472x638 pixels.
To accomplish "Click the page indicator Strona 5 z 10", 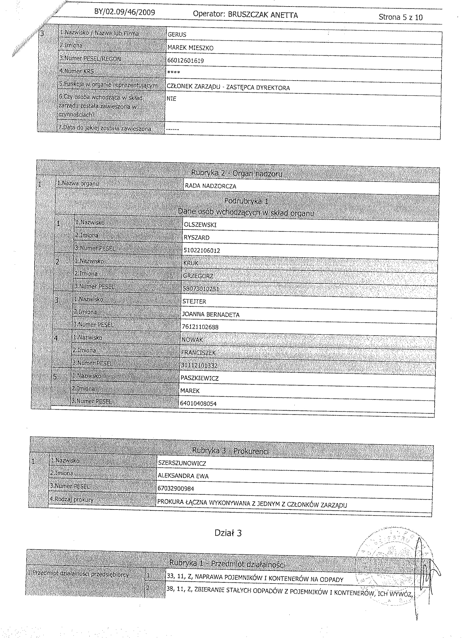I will pos(400,17).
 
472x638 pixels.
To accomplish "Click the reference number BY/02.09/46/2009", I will pos(124,12).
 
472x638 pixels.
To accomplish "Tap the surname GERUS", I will pos(177,35).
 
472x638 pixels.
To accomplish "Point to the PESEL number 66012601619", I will pos(186,61).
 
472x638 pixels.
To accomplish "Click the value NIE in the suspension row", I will pos(171,99).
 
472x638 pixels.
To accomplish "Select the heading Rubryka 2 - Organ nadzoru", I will pos(237,173).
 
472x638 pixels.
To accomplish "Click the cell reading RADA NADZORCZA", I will pos(210,186).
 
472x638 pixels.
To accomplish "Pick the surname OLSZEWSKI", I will pos(200,225).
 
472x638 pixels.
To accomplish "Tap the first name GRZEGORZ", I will pos(198,276).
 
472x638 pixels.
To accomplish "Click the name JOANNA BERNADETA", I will pos(211,315).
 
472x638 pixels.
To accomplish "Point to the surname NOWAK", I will pos(192,340).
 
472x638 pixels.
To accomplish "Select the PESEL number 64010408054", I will pos(198,404).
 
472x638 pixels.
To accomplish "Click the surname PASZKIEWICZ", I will pos(199,378).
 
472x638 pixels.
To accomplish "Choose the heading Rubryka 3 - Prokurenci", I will pos(230,450).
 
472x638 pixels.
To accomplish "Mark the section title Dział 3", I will pos(228,533).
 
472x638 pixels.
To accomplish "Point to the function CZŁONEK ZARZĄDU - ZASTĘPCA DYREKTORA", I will pos(228,88).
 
